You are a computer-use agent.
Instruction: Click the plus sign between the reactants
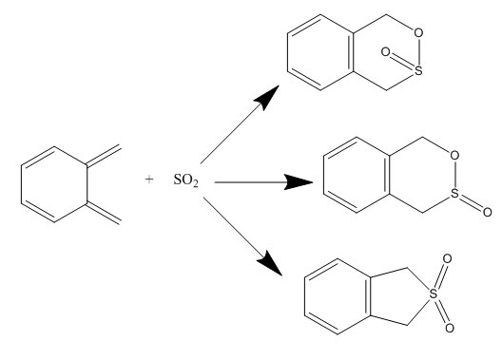pyautogui.click(x=149, y=180)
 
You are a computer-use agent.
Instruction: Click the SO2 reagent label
pyautogui.click(x=185, y=180)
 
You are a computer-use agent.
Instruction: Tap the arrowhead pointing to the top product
pyautogui.click(x=267, y=97)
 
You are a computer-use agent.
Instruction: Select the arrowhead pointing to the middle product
pyautogui.click(x=299, y=182)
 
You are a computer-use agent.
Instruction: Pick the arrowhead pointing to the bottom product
pyautogui.click(x=270, y=264)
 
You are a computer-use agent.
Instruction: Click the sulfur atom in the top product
pyautogui.click(x=418, y=70)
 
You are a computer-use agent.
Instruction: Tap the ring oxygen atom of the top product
pyautogui.click(x=418, y=32)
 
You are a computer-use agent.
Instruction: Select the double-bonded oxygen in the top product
pyautogui.click(x=385, y=52)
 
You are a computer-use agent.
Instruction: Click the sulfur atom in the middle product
pyautogui.click(x=454, y=193)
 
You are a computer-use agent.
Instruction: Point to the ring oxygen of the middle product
pyautogui.click(x=454, y=156)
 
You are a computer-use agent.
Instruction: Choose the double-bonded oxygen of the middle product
pyautogui.click(x=488, y=212)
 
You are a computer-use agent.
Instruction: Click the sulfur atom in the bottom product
pyautogui.click(x=433, y=294)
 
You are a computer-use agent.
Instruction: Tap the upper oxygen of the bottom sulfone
pyautogui.click(x=447, y=258)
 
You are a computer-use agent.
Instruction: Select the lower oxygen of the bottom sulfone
pyautogui.click(x=450, y=329)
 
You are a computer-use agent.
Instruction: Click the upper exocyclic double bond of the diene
pyautogui.click(x=104, y=156)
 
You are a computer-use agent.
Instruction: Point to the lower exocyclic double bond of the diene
pyautogui.click(x=104, y=214)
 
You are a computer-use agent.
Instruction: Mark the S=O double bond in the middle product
pyautogui.click(x=471, y=202)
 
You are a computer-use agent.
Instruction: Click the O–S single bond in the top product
pyautogui.click(x=418, y=51)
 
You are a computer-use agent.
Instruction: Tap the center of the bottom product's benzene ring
pyautogui.click(x=338, y=296)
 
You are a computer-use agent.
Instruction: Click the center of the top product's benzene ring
pyautogui.click(x=320, y=52)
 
